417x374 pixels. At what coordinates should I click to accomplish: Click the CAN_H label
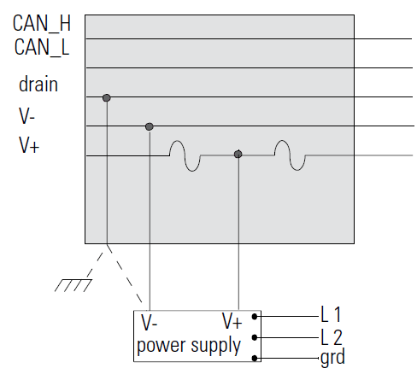tap(42, 24)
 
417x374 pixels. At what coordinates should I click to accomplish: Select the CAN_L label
tap(42, 47)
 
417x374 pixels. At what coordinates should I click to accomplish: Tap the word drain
tap(38, 85)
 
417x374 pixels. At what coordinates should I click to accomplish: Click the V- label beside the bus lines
tap(26, 116)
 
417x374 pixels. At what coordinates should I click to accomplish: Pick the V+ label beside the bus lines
tap(29, 145)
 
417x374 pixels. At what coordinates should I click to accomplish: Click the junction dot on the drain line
tap(107, 98)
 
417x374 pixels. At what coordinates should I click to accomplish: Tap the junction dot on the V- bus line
tap(150, 126)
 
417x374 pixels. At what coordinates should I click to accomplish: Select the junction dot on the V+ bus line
tap(238, 155)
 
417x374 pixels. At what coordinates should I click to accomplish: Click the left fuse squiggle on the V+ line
tap(185, 155)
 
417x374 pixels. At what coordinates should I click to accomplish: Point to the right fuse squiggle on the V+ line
tap(290, 155)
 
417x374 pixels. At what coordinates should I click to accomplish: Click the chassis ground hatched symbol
tap(73, 285)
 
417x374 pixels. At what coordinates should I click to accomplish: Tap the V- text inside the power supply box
tap(150, 323)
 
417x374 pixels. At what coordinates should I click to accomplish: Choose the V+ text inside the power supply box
tap(232, 321)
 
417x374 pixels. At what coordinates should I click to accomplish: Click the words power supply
tap(189, 346)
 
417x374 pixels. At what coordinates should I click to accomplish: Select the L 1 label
tap(331, 314)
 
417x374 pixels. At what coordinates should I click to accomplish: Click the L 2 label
tap(332, 337)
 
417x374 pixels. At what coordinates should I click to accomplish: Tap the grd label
tap(332, 357)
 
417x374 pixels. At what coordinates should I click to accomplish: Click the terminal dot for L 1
tap(255, 316)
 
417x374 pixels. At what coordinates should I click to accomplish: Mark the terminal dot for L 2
tap(255, 337)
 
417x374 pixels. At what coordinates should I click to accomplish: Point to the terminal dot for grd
tap(255, 358)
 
